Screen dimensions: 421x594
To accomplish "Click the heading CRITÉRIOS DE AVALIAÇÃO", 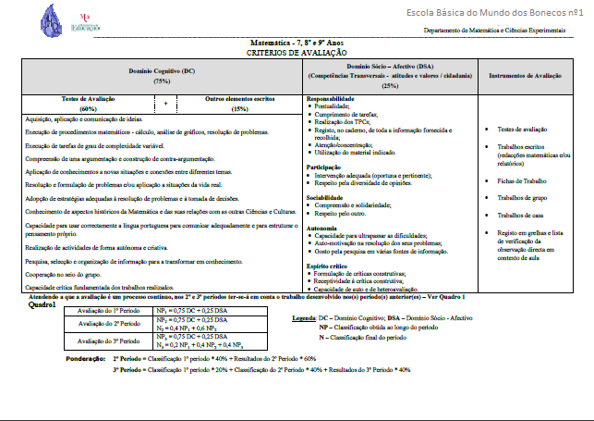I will [x=297, y=54].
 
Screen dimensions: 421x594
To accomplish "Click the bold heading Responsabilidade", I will [x=330, y=99].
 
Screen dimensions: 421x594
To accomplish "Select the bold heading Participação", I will [x=324, y=167].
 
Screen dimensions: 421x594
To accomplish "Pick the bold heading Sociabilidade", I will [x=325, y=196].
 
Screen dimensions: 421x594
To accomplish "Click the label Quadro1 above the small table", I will [x=43, y=304].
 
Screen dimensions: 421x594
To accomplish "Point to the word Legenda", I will [x=305, y=318].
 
